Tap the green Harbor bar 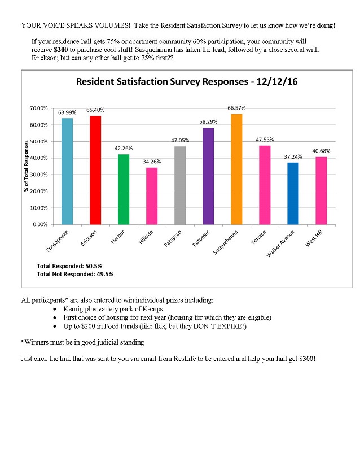point(124,189)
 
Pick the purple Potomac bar point(208,176)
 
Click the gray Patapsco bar point(180,185)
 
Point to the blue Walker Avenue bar point(293,193)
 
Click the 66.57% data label point(237,108)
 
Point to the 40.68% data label point(321,151)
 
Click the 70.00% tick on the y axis point(39,108)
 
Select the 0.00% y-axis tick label point(41,224)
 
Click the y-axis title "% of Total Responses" point(27,166)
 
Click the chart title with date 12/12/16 point(187,82)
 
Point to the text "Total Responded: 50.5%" point(69,265)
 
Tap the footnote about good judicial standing point(84,342)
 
